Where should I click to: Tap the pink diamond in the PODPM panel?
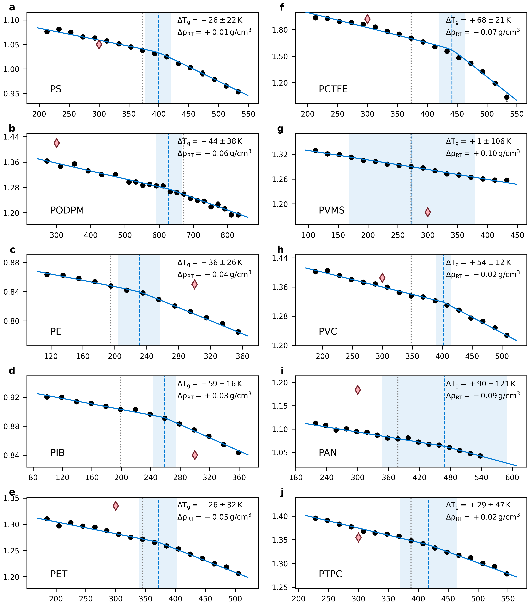point(57,143)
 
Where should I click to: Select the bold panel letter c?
point(12,250)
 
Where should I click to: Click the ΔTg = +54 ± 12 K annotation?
point(478,262)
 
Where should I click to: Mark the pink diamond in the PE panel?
point(194,284)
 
